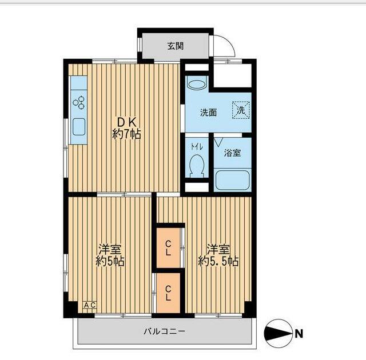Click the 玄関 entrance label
[176, 46]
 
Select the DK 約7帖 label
[126, 128]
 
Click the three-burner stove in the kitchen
[79, 102]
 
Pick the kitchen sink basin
[79, 127]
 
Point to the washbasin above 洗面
[197, 84]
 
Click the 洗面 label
[208, 113]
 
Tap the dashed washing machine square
[241, 110]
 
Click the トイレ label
[197, 147]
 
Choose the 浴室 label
[232, 153]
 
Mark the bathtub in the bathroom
[233, 180]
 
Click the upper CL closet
[168, 247]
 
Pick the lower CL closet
[168, 293]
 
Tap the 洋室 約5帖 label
[110, 255]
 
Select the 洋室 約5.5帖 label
[218, 255]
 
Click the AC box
[90, 305]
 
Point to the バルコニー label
[164, 331]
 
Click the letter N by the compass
[299, 334]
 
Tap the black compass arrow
[279, 334]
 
